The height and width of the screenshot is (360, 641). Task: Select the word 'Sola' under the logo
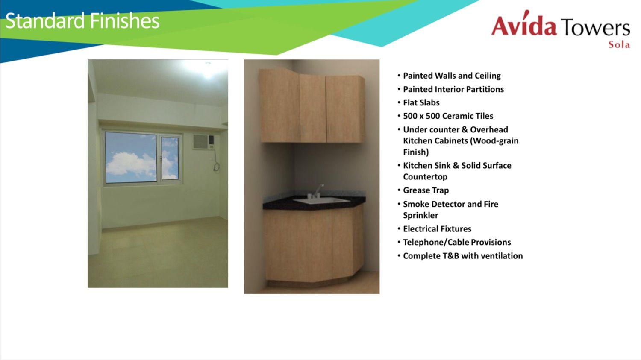[619, 45]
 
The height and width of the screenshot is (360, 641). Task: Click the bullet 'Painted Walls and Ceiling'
[452, 76]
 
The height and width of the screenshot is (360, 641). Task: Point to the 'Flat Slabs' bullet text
[421, 102]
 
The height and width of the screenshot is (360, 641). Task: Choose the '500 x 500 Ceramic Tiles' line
[448, 116]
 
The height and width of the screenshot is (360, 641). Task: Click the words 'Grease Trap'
[426, 190]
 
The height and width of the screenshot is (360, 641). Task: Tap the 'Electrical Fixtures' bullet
[437, 229]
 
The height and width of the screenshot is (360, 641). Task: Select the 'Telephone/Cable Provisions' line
[457, 243]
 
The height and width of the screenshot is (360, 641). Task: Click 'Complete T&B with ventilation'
[463, 256]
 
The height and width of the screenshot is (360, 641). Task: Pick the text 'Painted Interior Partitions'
[453, 90]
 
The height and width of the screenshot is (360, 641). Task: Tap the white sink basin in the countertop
[321, 201]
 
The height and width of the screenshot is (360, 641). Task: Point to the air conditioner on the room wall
[203, 142]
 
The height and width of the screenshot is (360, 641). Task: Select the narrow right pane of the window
[170, 158]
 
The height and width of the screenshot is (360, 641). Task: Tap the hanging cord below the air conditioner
[216, 163]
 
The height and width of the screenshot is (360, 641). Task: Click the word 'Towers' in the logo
[595, 27]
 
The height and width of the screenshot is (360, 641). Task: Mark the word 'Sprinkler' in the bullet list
[420, 215]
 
